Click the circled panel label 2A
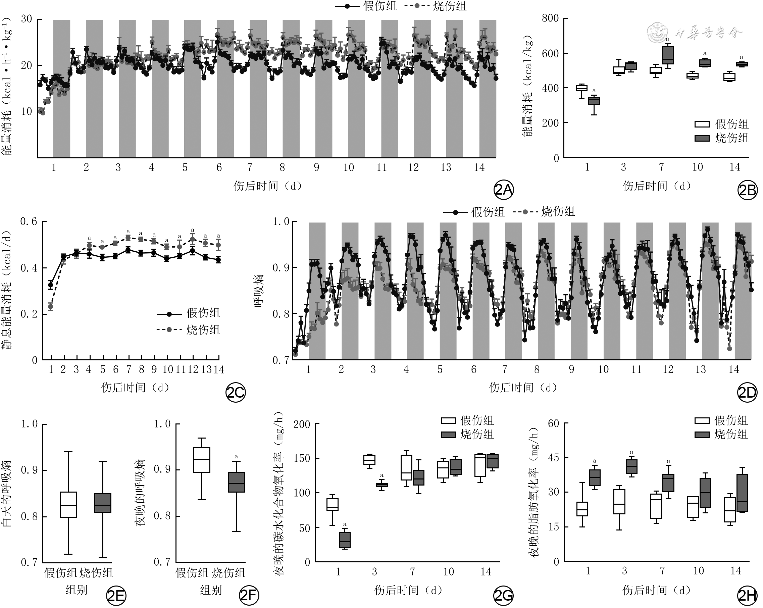click(x=503, y=190)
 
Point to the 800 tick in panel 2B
click(x=550, y=18)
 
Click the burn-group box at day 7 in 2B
click(x=668, y=55)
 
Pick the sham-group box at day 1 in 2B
click(x=581, y=88)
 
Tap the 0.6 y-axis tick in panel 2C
click(x=29, y=222)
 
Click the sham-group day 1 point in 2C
click(x=51, y=285)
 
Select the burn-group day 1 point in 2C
click(x=51, y=306)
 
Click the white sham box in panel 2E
click(x=68, y=504)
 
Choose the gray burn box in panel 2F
click(x=237, y=482)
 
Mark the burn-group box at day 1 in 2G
click(x=345, y=540)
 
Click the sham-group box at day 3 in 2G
click(x=369, y=459)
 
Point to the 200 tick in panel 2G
click(x=302, y=424)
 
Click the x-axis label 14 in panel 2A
click(x=479, y=167)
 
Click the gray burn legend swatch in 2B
click(x=702, y=138)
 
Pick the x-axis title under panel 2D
click(x=523, y=388)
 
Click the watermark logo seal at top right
click(x=658, y=33)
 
